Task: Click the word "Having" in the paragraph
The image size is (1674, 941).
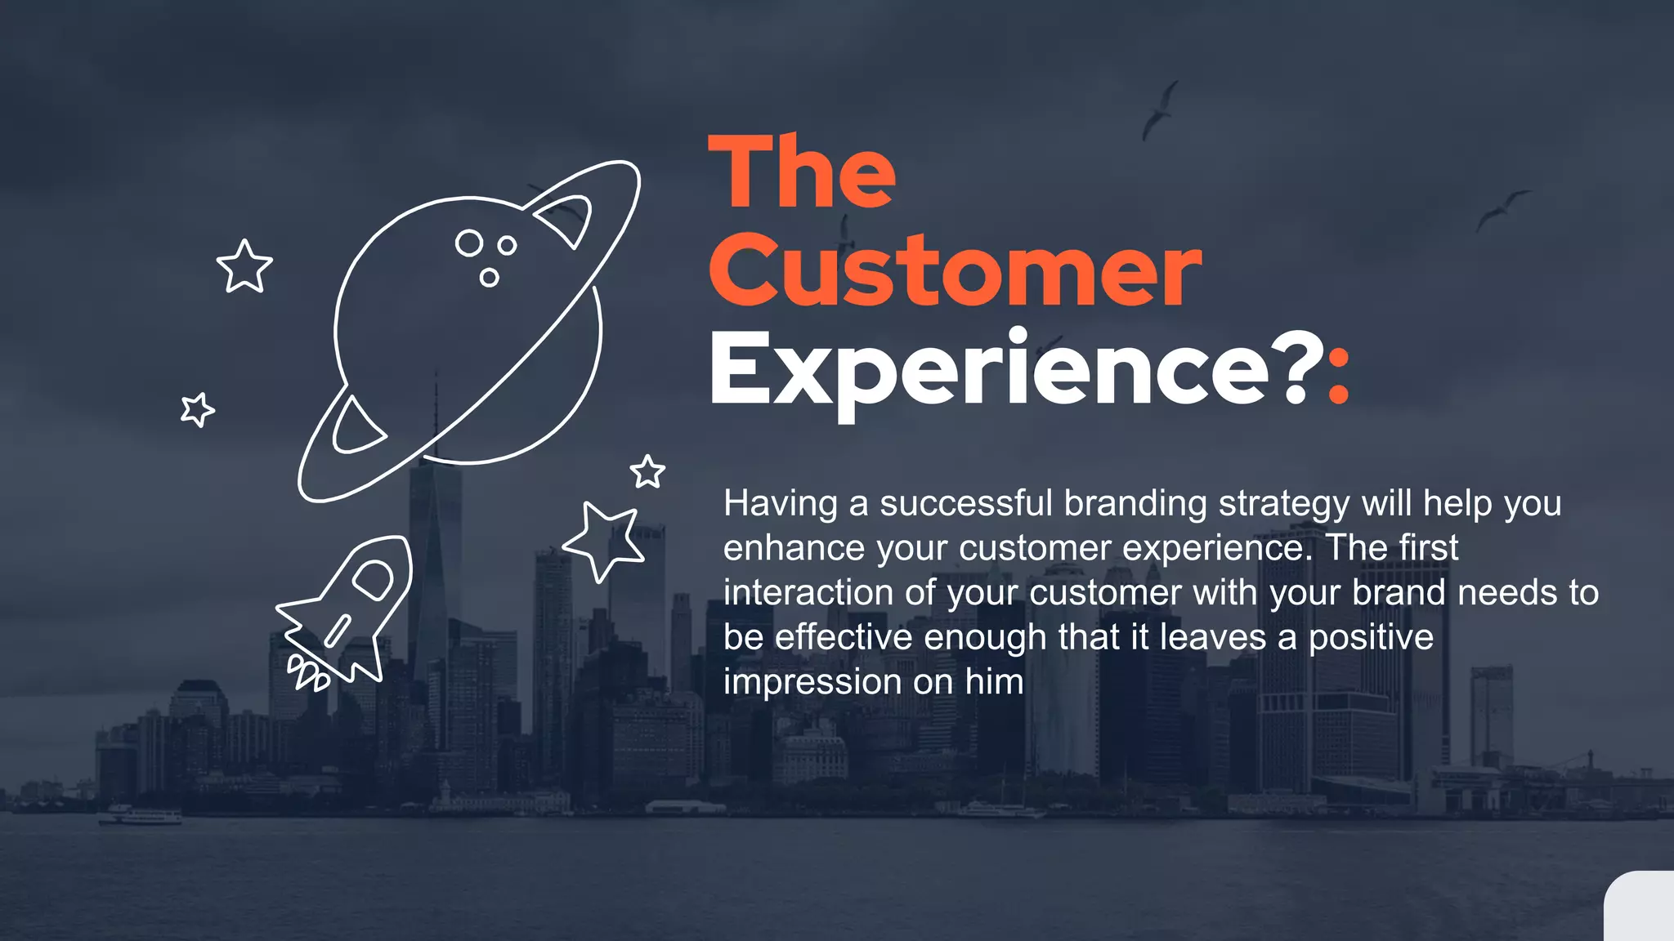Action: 780,504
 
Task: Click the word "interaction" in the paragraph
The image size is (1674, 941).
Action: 808,593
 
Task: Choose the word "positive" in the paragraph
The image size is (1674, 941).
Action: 1371,638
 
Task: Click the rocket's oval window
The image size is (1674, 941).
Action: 374,580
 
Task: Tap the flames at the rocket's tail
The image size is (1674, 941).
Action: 307,675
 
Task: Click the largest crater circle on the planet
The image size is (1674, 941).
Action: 469,243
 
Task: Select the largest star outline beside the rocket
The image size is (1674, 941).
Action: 605,540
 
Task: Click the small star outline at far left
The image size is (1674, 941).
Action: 197,409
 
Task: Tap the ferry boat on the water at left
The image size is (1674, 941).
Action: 141,815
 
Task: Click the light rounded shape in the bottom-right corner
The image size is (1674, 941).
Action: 1641,908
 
